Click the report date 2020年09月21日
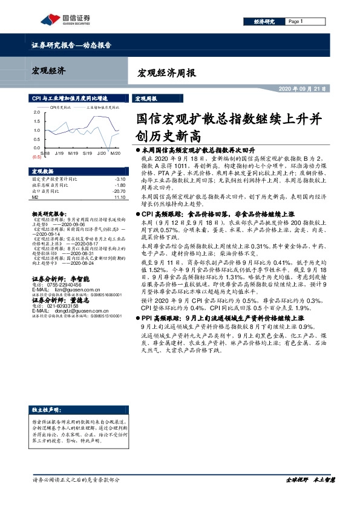[x=302, y=88]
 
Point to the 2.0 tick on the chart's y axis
[x=38, y=112]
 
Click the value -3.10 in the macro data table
[x=119, y=180]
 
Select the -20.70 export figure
[x=118, y=191]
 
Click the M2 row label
[x=34, y=196]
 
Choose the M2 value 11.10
[x=119, y=196]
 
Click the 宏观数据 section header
[x=43, y=171]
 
